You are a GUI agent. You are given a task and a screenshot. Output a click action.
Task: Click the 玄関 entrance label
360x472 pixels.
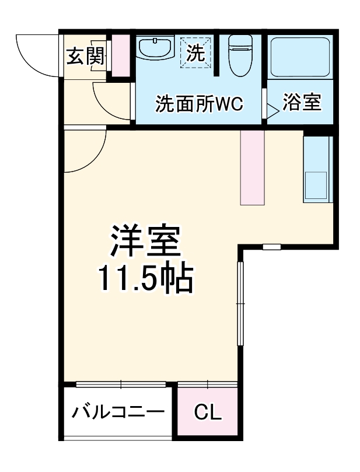coord(85,57)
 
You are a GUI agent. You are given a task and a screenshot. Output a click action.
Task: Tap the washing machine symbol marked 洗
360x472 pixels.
coord(195,54)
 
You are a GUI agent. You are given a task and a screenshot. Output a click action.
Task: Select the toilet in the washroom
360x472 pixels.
coord(239,56)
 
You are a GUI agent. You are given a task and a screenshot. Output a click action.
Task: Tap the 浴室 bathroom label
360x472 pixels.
coord(302,103)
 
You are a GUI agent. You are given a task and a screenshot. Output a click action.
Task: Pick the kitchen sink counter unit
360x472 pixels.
coord(317,169)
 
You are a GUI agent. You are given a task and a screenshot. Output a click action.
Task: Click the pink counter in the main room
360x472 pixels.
coord(253,167)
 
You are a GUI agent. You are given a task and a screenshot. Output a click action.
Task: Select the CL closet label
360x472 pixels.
coord(208,413)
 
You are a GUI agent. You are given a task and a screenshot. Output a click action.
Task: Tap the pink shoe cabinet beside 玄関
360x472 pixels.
coord(120,56)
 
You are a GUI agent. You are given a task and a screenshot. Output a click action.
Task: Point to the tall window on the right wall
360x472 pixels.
coord(239,303)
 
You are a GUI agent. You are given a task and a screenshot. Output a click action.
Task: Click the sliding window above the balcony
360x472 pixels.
coord(121,383)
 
